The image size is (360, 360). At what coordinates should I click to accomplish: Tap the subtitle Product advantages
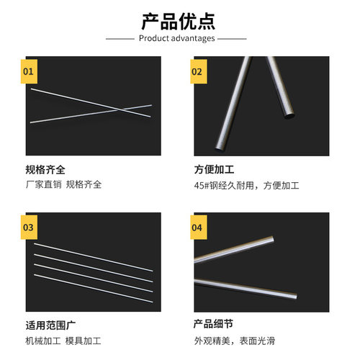click(180, 38)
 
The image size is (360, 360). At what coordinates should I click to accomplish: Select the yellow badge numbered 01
click(29, 72)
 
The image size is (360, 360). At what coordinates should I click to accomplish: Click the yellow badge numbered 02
click(197, 72)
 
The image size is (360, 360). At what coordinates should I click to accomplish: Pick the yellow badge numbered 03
click(29, 228)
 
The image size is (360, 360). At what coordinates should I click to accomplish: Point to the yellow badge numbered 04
click(197, 228)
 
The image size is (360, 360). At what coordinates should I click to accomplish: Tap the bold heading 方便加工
click(213, 171)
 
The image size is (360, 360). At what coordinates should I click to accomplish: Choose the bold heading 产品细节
click(213, 325)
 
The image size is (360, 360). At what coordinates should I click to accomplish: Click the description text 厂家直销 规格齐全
click(63, 184)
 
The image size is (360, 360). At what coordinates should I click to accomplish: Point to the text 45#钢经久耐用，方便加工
click(246, 185)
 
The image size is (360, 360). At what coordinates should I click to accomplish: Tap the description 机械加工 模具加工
click(63, 340)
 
